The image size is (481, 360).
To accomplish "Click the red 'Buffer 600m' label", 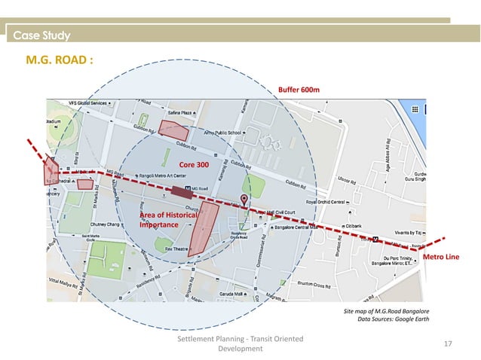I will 299,90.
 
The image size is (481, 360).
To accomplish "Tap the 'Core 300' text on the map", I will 194,164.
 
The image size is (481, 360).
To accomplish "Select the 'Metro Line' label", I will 441,258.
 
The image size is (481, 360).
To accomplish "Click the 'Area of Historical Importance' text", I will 167,220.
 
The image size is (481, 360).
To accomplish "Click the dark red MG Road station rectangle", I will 181,191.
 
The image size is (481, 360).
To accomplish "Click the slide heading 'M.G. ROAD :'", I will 60,60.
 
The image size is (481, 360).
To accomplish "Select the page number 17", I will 448,344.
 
